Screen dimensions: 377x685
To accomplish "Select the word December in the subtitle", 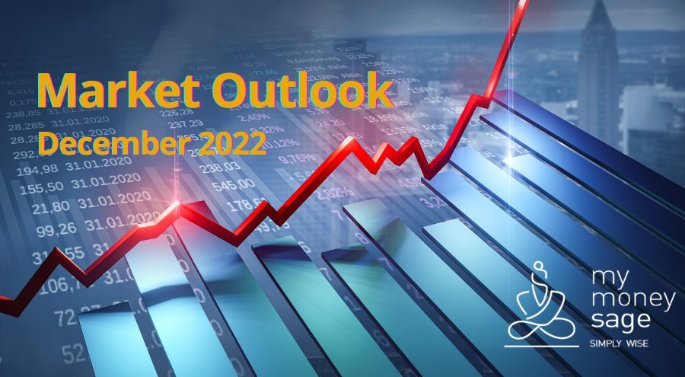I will tap(107, 142).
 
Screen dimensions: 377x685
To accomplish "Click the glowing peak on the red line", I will tap(179, 203).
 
